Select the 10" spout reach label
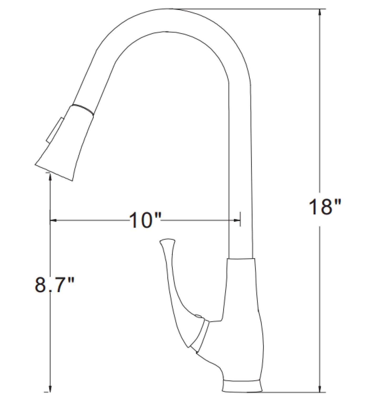point(144,220)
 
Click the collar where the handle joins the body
point(200,334)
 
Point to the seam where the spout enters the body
point(241,258)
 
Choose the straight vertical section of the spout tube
point(240,171)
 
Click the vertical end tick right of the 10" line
point(240,219)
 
